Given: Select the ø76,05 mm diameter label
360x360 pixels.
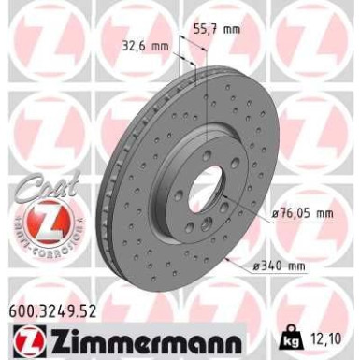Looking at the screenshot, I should click(x=302, y=213).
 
